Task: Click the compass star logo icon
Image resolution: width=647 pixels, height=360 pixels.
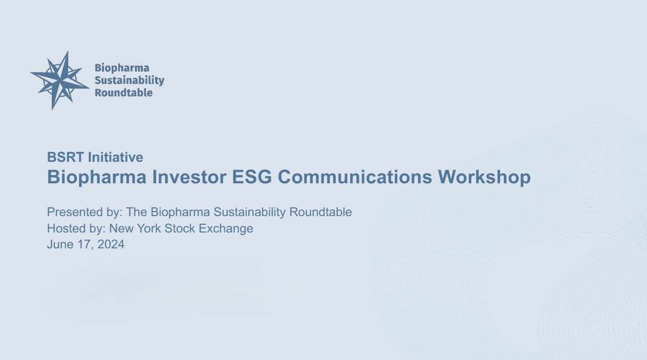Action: (60, 80)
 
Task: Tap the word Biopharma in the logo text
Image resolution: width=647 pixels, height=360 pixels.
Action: (122, 68)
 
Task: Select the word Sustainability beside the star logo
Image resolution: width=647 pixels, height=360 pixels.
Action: (129, 80)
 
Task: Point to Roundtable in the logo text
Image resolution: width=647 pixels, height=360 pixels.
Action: (123, 93)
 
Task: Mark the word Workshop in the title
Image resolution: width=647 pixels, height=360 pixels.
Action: (484, 177)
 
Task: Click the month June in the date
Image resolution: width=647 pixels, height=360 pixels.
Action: (59, 245)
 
